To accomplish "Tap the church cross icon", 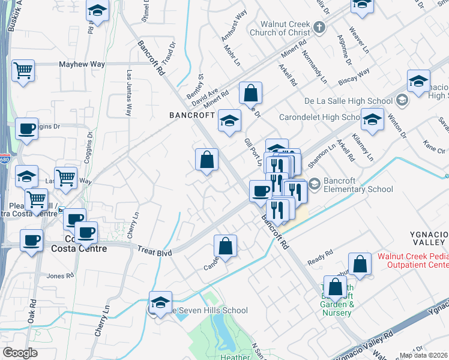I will coord(319,27).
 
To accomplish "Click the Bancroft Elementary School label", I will coord(352,184).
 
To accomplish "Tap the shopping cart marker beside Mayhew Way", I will coord(23,70).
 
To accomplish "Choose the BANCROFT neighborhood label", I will coord(191,115).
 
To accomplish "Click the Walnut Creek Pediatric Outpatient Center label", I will coord(413,260).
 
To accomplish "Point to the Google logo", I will coord(20,352).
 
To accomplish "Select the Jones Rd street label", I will coord(59,276).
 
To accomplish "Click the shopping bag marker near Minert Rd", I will coord(250,93).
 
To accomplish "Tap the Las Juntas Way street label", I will coord(128,94).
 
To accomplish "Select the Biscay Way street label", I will coord(354,75).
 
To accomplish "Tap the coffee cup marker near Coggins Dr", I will coord(26,128).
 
